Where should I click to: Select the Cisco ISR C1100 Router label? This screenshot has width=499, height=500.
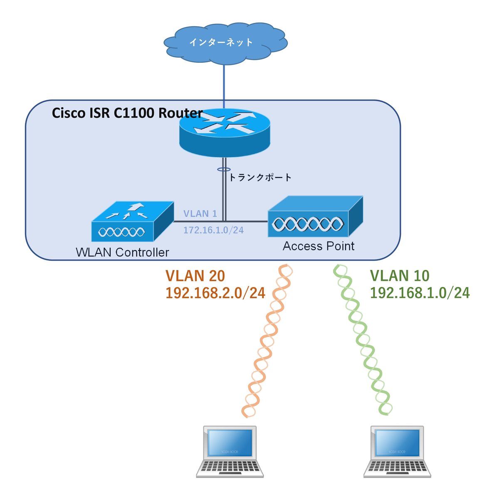pyautogui.click(x=127, y=113)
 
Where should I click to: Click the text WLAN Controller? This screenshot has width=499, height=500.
pyautogui.click(x=122, y=252)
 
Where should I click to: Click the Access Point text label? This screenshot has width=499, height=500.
pyautogui.click(x=319, y=246)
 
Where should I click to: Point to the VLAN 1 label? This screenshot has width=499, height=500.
pyautogui.click(x=200, y=214)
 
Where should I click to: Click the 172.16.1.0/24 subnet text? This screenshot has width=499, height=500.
pyautogui.click(x=213, y=230)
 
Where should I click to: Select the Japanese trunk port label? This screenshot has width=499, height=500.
pyautogui.click(x=260, y=178)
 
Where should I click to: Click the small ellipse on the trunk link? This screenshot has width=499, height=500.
pyautogui.click(x=224, y=169)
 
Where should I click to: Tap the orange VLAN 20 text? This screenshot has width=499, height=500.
pyautogui.click(x=195, y=276)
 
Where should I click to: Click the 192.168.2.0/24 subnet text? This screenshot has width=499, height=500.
pyautogui.click(x=215, y=293)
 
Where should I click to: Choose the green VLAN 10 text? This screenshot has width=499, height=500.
pyautogui.click(x=400, y=276)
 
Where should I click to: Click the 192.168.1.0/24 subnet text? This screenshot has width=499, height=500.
pyautogui.click(x=420, y=293)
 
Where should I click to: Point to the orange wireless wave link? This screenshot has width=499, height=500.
pyautogui.click(x=266, y=341)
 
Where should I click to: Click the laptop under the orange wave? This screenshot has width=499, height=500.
pyautogui.click(x=230, y=452)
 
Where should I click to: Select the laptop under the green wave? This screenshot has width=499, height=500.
pyautogui.click(x=397, y=452)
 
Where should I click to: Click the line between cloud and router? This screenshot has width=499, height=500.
pyautogui.click(x=224, y=83)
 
